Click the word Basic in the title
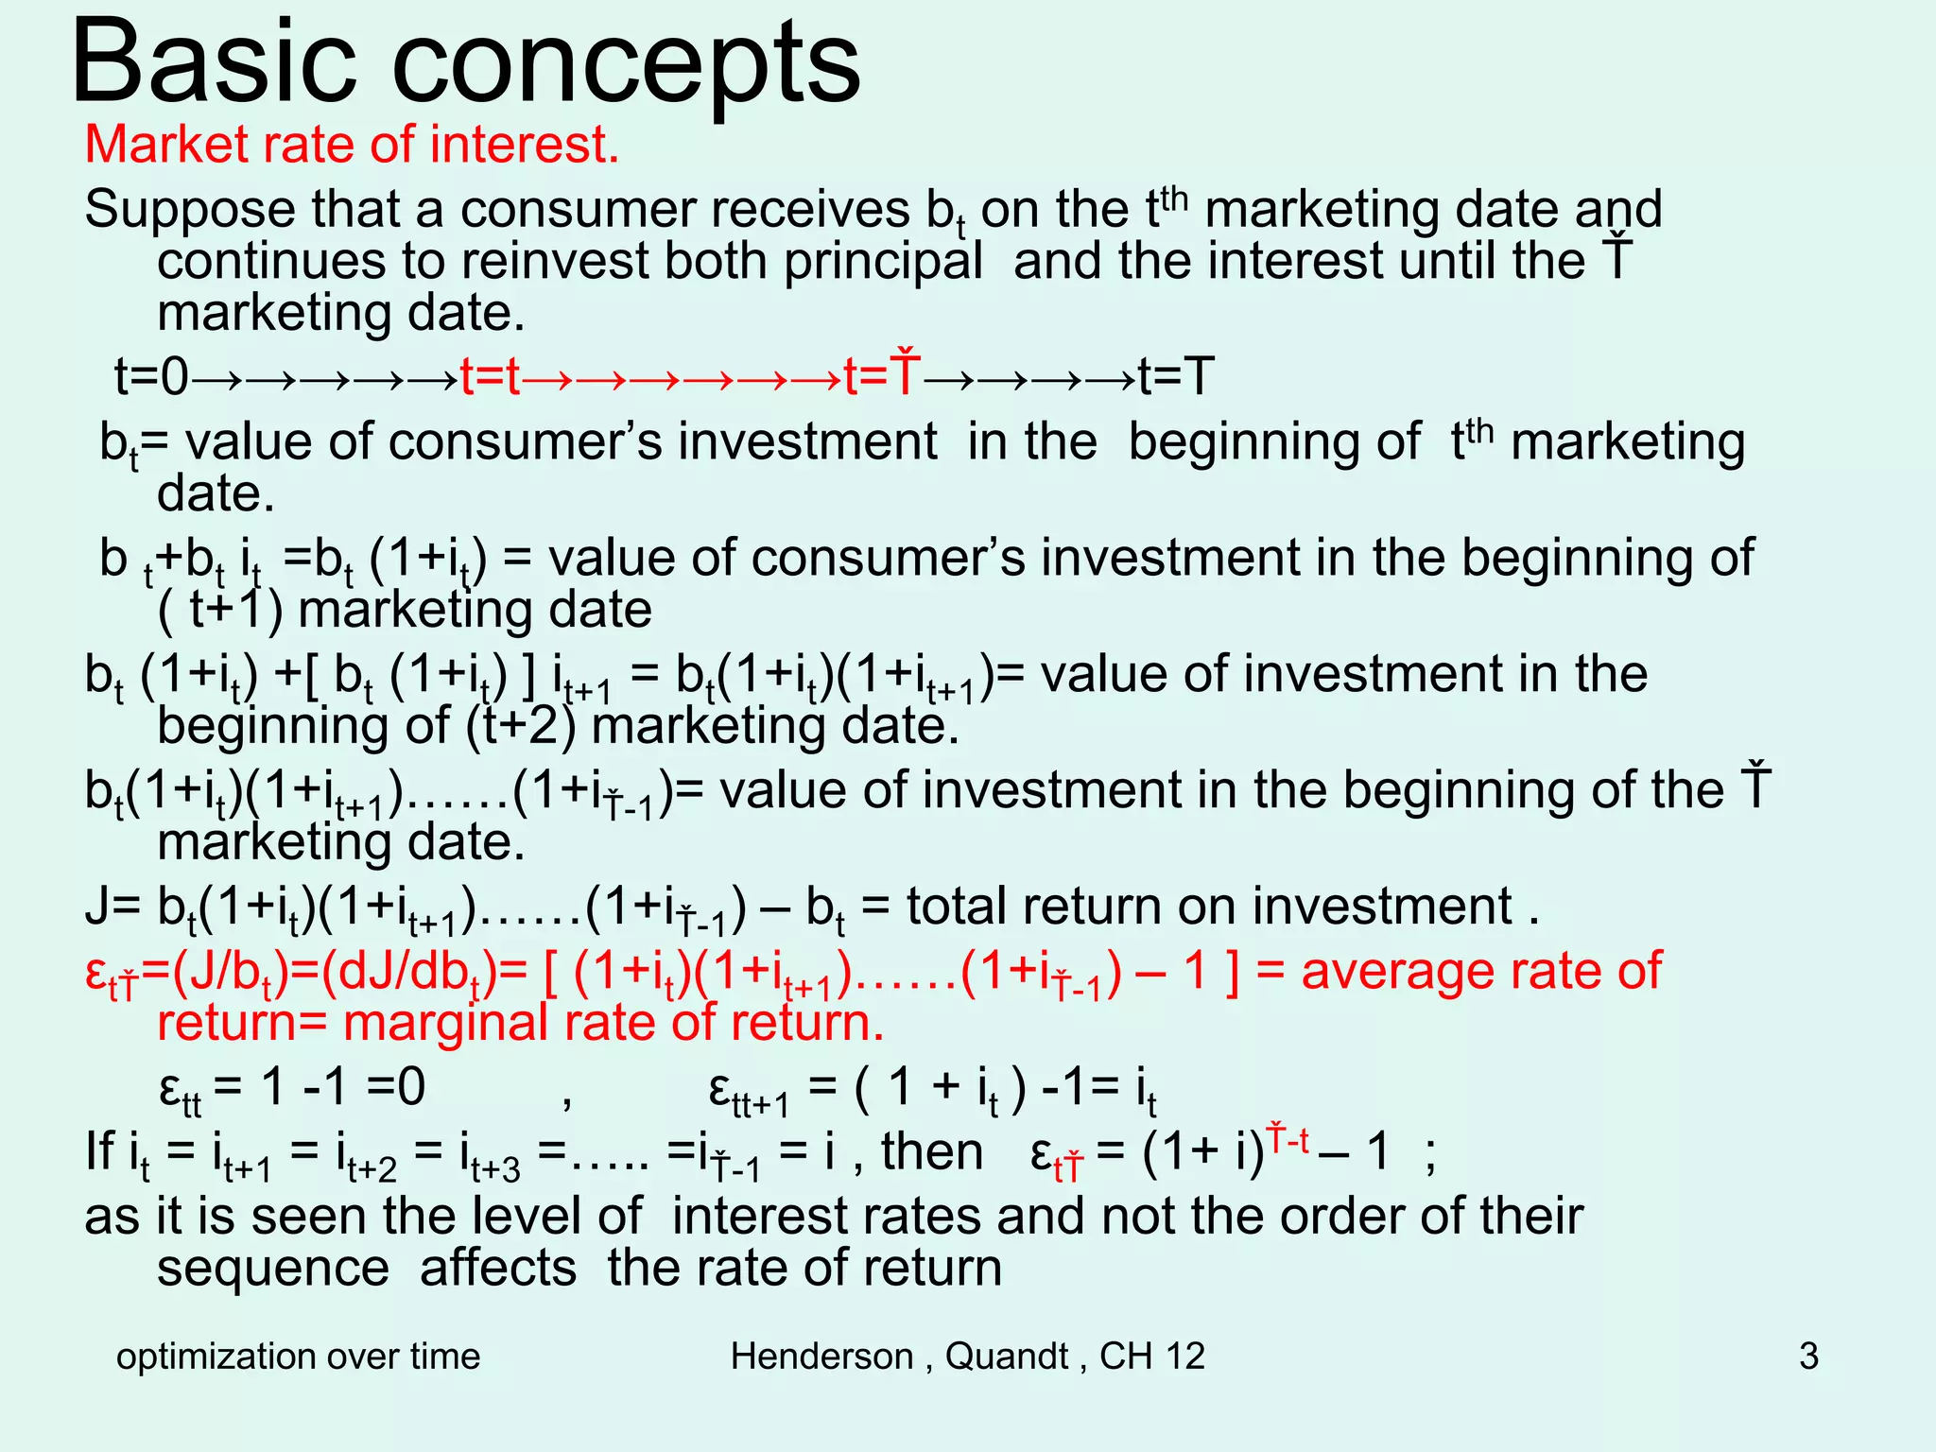click(215, 61)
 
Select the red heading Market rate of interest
click(352, 146)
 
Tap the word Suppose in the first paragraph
click(188, 210)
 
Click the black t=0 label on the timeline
click(151, 377)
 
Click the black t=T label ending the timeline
click(1176, 377)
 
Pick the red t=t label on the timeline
click(490, 377)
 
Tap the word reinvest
click(528, 262)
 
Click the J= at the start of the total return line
click(112, 907)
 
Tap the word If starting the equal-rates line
click(98, 1152)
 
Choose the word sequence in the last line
click(273, 1269)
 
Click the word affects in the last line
click(498, 1269)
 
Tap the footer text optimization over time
click(298, 1357)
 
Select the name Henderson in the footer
click(821, 1357)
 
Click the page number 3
click(1808, 1357)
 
